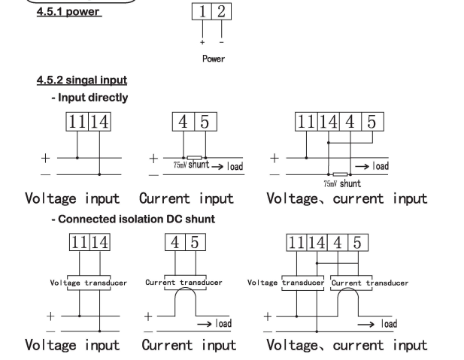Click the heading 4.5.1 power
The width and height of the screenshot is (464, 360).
point(69,11)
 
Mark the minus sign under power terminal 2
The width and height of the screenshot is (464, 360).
point(222,38)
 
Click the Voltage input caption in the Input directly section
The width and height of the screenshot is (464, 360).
point(73,201)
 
